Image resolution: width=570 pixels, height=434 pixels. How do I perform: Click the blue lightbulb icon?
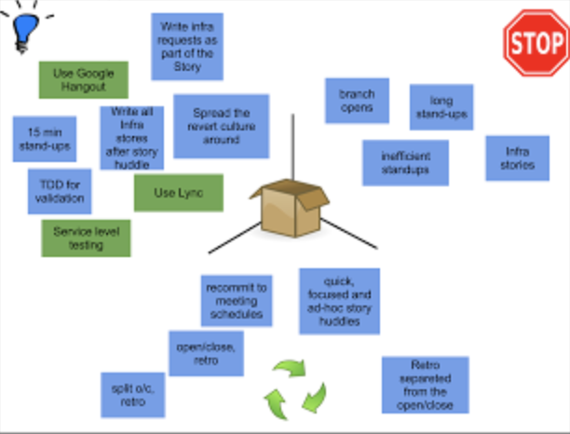pyautogui.click(x=25, y=32)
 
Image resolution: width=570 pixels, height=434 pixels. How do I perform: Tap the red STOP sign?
pyautogui.click(x=536, y=43)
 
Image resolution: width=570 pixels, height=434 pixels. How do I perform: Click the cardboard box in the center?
pyautogui.click(x=290, y=208)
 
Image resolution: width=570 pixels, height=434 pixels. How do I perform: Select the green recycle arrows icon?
pyautogui.click(x=295, y=389)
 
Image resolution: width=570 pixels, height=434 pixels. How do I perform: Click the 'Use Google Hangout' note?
pyautogui.click(x=84, y=80)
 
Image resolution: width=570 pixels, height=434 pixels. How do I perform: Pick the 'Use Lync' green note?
pyautogui.click(x=179, y=193)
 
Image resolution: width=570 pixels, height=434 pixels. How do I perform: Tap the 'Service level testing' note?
pyautogui.click(x=87, y=238)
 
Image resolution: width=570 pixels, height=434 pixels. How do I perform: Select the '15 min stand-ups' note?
pyautogui.click(x=45, y=139)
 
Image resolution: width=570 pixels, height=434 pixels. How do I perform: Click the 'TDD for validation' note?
pyautogui.click(x=60, y=191)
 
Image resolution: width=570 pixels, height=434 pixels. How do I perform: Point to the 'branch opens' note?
pyautogui.click(x=357, y=101)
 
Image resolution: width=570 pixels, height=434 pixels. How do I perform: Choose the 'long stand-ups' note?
pyautogui.click(x=441, y=107)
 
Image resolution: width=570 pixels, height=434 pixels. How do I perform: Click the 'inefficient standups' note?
pyautogui.click(x=405, y=163)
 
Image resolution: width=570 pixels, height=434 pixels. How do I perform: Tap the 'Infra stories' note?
pyautogui.click(x=517, y=158)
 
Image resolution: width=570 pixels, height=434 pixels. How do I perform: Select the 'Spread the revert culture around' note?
pyautogui.click(x=222, y=126)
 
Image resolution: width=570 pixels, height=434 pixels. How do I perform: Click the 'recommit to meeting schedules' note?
pyautogui.click(x=237, y=301)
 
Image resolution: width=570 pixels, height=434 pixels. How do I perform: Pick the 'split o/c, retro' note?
pyautogui.click(x=132, y=395)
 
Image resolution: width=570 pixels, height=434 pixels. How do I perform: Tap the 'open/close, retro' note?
pyautogui.click(x=206, y=353)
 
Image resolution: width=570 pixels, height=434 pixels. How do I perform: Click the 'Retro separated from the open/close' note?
pyautogui.click(x=426, y=385)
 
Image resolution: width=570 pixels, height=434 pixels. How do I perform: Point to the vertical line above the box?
pyautogui.click(x=292, y=147)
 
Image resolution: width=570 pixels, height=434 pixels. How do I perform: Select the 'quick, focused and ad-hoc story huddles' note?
pyautogui.click(x=340, y=301)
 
